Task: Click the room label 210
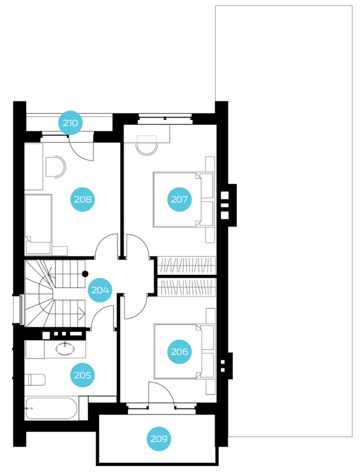pos(70,123)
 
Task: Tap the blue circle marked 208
pos(82,199)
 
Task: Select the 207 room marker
pos(179,199)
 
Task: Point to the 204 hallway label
pos(100,290)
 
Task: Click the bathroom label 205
pos(82,375)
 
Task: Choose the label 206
pos(179,352)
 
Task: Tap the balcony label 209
pos(159,439)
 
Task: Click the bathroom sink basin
pos(65,348)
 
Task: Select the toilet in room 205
pos(35,380)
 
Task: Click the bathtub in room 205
pos(51,408)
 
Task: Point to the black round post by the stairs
pos(85,274)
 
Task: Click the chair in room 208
pos(55,167)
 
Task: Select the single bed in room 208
pos(39,224)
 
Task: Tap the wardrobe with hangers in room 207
pos(186,265)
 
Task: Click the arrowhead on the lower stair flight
pos(82,314)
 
